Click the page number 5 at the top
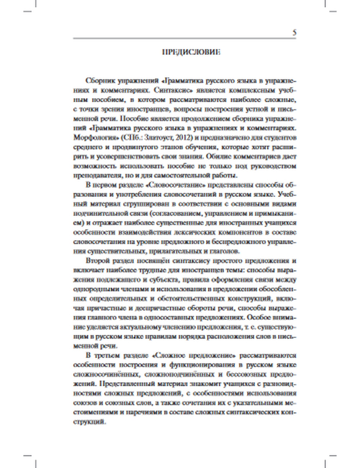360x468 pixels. (x=294, y=33)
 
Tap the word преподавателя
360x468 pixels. (x=94, y=176)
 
